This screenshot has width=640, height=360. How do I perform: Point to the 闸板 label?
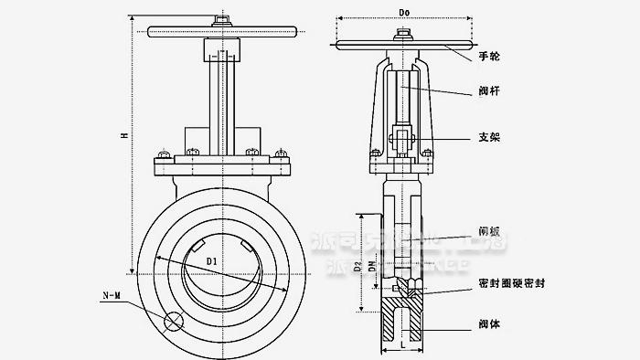tap(489, 231)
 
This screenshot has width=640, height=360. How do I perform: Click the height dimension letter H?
tap(124, 135)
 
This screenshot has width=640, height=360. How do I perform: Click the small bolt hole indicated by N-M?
tap(171, 322)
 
